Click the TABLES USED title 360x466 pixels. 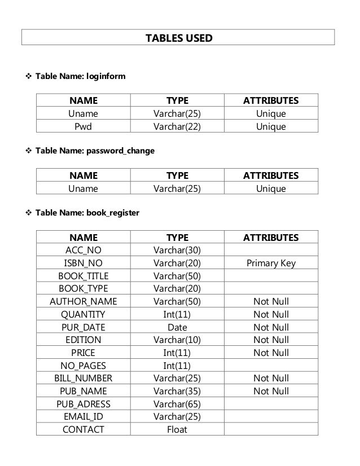point(179,38)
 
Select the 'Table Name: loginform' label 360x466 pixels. point(80,75)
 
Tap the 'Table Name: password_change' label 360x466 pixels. point(95,151)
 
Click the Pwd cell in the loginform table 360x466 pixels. point(84,126)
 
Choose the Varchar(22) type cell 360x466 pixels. point(177,126)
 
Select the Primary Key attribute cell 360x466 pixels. point(271,263)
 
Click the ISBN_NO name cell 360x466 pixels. point(84,263)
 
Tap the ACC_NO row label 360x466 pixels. point(84,250)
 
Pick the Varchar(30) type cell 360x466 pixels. point(177,250)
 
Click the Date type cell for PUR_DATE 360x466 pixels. point(177,327)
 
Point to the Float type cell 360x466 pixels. point(177,429)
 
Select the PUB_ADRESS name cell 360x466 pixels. point(84,404)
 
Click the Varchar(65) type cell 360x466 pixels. point(177,404)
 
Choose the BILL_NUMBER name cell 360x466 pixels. point(84,378)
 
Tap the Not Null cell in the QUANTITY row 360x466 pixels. point(271,314)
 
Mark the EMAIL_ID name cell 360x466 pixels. point(84,417)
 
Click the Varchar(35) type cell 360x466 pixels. point(177,391)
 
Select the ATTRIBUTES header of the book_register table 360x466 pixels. point(271,238)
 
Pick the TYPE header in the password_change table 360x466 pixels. point(177,175)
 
